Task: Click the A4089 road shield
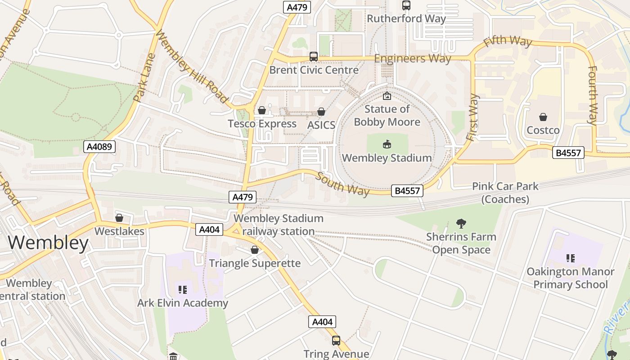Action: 99,147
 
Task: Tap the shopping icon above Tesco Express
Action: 262,110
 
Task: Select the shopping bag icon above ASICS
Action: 321,112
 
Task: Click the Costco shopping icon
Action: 543,117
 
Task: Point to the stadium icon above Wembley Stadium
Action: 387,144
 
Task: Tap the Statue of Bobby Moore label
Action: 387,116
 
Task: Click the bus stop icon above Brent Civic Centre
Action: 314,57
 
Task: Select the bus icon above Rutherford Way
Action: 406,5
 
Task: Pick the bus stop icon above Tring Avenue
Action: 336,341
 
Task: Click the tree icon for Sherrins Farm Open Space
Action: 461,223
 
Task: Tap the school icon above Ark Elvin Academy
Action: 182,289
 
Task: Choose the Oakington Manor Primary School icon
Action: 570,258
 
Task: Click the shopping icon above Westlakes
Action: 119,218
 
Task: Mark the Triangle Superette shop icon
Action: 255,250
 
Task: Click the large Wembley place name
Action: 48,243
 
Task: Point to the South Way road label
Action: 342,184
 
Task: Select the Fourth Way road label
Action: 593,95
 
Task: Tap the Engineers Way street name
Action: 413,58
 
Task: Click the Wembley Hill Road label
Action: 192,66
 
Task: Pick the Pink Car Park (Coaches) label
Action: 505,193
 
